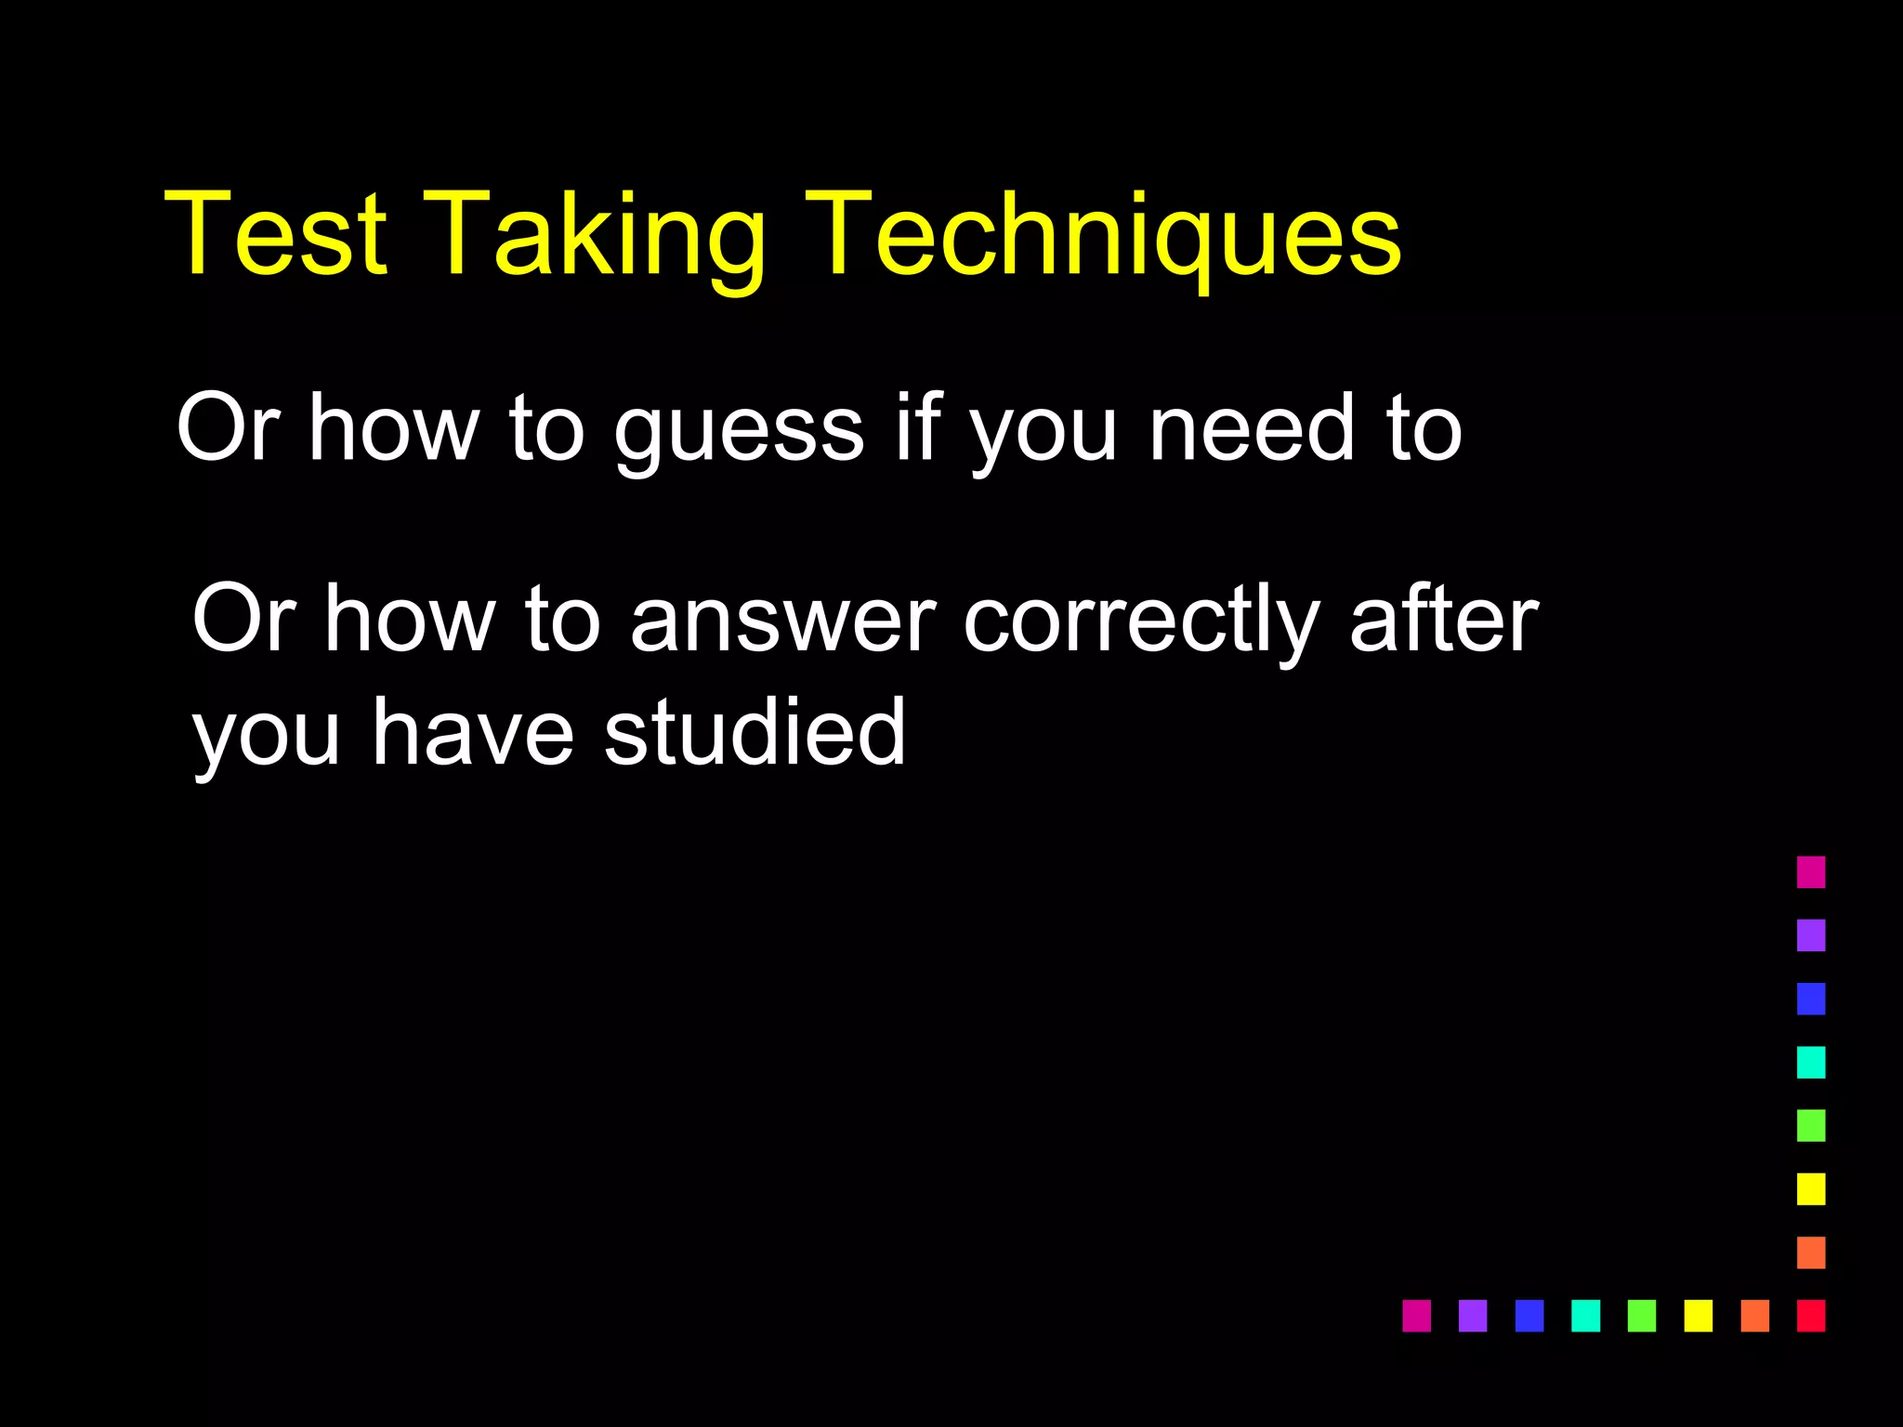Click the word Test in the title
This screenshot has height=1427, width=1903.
click(x=275, y=234)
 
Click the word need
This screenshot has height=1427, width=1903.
click(x=1252, y=427)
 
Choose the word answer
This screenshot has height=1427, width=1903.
click(x=782, y=621)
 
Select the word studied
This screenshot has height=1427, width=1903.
click(x=755, y=733)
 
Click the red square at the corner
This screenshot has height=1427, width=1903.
click(x=1811, y=1316)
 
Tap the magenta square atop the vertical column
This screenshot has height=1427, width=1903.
click(x=1811, y=872)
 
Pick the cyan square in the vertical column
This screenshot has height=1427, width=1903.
click(x=1811, y=1062)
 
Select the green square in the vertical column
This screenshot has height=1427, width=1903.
click(x=1811, y=1125)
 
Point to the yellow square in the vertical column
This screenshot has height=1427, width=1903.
click(x=1811, y=1188)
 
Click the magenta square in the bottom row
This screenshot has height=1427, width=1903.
click(x=1416, y=1316)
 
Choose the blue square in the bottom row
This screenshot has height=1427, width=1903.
click(x=1529, y=1316)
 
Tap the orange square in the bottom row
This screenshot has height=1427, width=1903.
click(x=1754, y=1316)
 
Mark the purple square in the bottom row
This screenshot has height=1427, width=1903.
click(x=1473, y=1316)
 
